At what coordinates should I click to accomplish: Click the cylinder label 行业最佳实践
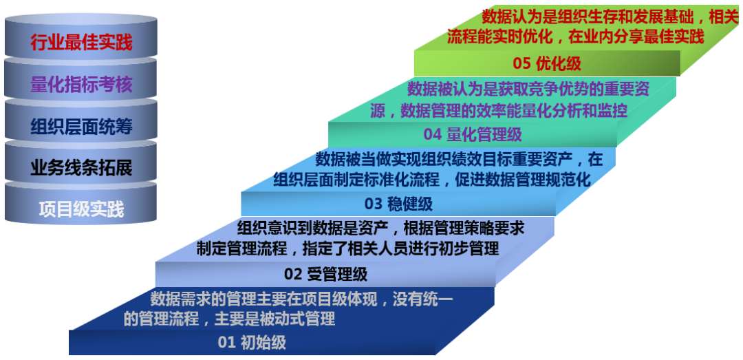coord(81,43)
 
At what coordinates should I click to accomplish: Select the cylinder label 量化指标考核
coord(81,85)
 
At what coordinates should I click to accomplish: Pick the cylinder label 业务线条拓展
coord(81,168)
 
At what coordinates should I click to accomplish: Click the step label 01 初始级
coord(252,342)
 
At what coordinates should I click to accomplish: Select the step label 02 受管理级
coord(326,274)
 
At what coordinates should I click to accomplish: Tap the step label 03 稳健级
coord(398,204)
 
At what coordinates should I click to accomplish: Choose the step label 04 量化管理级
coord(473,134)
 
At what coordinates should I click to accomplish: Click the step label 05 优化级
coord(547,64)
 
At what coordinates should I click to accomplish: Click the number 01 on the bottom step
coord(227,342)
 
